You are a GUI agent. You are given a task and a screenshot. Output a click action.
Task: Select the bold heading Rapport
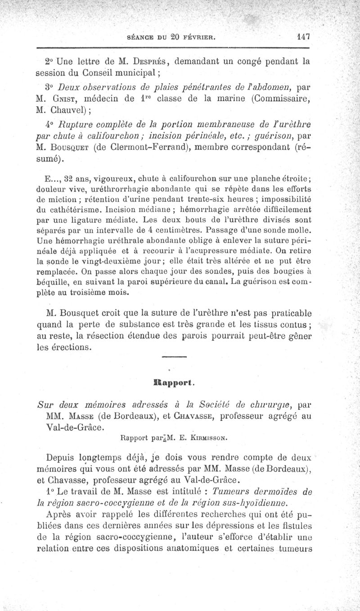coord(174,383)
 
